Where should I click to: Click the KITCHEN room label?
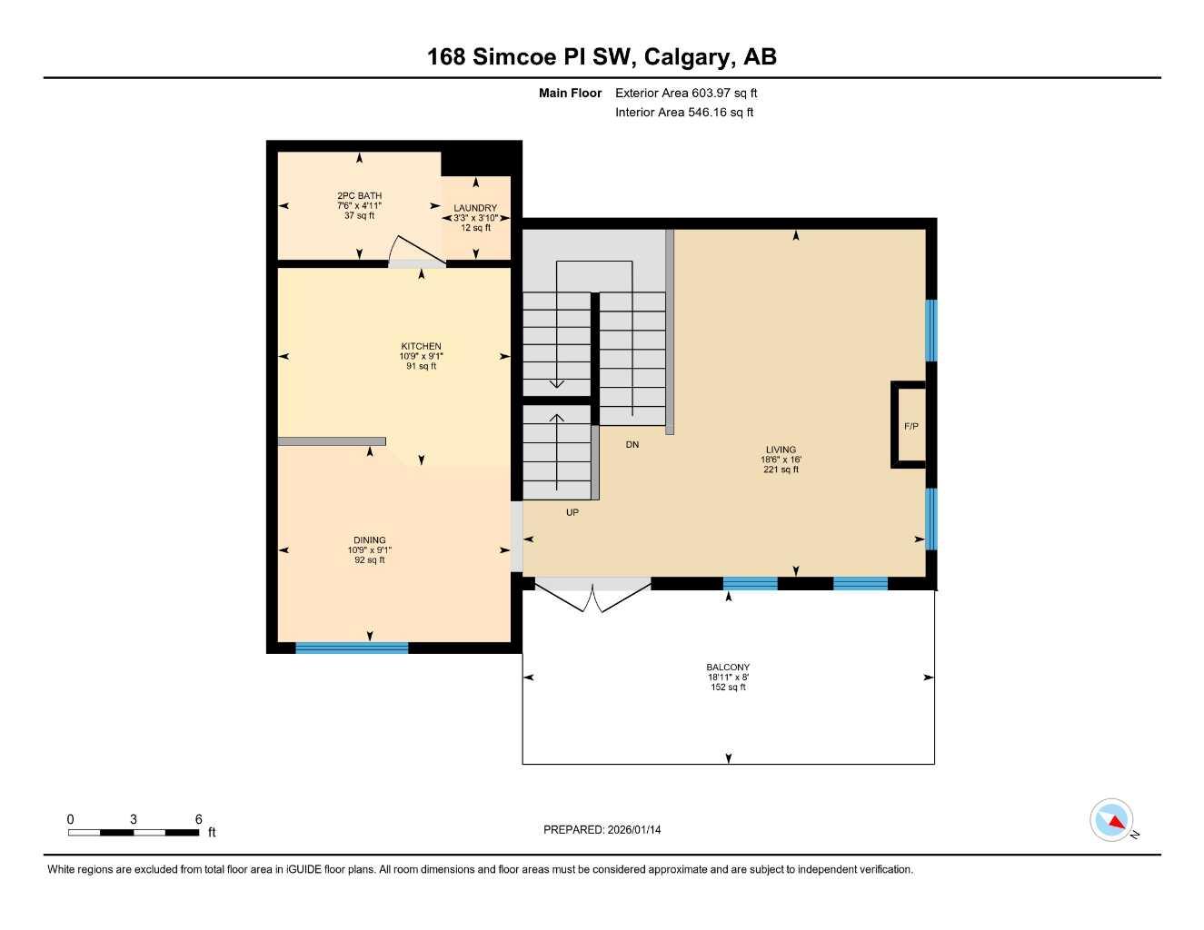coord(421,346)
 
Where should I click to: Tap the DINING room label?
coord(370,540)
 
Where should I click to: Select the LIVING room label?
coord(781,450)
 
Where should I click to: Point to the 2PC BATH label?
coord(359,196)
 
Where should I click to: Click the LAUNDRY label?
coord(475,208)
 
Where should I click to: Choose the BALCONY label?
coord(728,668)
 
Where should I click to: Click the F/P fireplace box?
coord(910,426)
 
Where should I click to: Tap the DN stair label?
coord(632,445)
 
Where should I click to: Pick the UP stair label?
coord(572,512)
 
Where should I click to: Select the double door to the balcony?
coord(592,595)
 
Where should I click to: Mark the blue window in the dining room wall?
coord(352,648)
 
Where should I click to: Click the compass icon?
coord(1112,820)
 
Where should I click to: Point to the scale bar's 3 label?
coord(134,819)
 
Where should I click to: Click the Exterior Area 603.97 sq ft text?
coord(686,93)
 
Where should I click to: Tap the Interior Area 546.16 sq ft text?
coord(684,113)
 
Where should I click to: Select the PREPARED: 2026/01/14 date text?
coord(602,829)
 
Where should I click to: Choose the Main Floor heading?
coord(570,93)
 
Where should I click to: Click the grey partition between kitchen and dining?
coord(332,441)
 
